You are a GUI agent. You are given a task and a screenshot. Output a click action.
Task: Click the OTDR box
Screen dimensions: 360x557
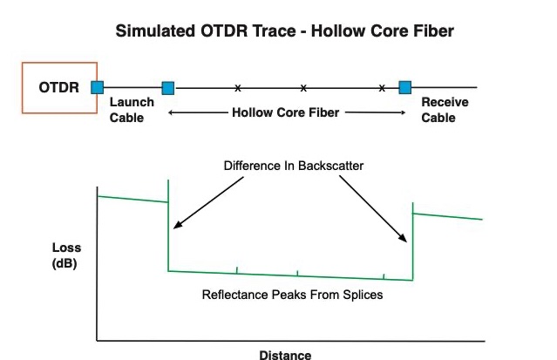click(59, 87)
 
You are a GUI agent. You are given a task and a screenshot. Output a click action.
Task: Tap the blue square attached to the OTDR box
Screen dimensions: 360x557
click(98, 87)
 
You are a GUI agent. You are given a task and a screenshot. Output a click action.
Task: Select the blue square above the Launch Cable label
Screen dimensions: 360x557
click(168, 87)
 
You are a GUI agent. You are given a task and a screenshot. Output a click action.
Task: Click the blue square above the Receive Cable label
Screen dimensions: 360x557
click(404, 87)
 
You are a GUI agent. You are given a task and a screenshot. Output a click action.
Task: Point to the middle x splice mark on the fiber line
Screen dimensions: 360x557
click(303, 87)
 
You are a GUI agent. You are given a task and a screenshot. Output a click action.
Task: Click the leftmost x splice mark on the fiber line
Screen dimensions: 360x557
click(237, 87)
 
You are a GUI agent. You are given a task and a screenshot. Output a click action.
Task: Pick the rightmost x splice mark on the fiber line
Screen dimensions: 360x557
click(382, 87)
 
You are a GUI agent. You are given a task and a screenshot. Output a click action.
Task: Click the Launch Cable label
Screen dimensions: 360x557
click(132, 110)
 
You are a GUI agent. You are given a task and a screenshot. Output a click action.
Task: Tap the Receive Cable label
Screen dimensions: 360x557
click(445, 110)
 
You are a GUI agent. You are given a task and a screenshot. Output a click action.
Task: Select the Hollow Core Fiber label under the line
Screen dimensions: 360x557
click(287, 112)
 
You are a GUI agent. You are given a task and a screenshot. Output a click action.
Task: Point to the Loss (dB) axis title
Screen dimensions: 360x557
click(66, 255)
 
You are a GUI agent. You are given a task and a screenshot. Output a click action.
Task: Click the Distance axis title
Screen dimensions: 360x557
click(284, 354)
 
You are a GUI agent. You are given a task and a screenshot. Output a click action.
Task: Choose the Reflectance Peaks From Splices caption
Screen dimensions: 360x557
click(292, 295)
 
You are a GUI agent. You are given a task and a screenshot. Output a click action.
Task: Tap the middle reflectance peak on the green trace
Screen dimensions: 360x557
click(297, 272)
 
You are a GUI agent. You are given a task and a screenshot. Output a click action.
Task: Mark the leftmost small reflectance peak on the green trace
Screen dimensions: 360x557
click(236, 270)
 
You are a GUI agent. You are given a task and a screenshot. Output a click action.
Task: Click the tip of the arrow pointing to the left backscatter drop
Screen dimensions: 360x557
click(173, 229)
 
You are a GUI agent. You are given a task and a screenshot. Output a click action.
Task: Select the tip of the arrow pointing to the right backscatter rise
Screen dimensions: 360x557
click(406, 241)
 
